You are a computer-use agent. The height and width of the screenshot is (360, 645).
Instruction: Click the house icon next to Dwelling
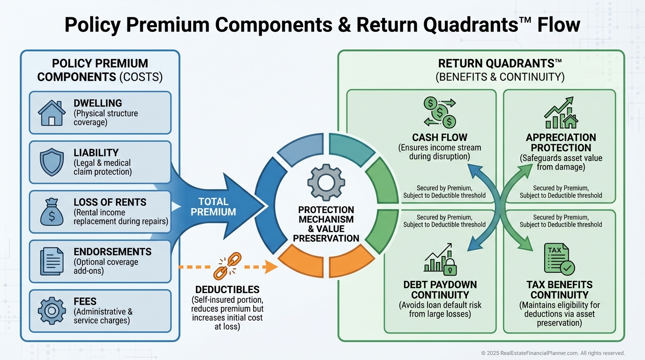52,113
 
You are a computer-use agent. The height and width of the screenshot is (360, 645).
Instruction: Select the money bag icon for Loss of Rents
52,212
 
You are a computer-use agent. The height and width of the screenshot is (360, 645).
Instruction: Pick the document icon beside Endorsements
52,262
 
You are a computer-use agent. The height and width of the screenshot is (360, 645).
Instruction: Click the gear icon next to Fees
52,311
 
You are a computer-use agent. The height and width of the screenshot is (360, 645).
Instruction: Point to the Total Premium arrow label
214,207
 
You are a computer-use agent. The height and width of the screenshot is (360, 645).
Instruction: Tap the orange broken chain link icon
227,267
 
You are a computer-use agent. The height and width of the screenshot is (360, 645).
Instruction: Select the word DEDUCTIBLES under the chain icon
227,290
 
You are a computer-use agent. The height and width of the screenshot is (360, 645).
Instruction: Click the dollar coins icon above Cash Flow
439,112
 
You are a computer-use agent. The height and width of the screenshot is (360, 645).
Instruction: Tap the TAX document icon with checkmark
559,258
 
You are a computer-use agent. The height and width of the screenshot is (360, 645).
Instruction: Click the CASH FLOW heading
440,137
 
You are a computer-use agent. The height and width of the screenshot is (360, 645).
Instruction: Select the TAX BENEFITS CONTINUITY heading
559,290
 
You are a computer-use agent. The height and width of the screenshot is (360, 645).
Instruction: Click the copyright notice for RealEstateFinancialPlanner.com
553,353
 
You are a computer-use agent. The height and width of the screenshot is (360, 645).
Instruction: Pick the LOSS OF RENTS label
110,202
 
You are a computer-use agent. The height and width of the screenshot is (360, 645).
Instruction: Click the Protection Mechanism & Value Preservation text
326,224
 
